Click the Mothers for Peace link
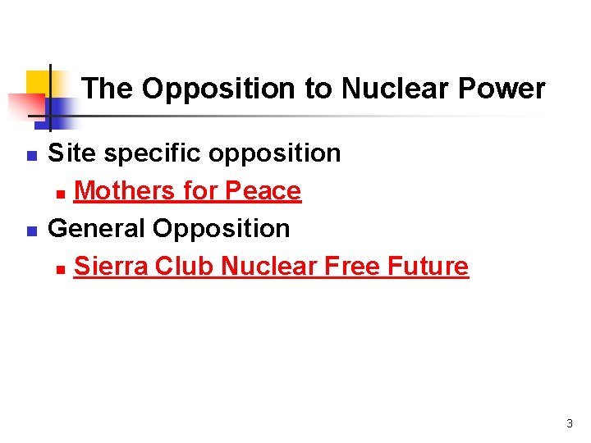pos(187,191)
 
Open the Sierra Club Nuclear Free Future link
pos(271,267)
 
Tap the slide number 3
pos(569,424)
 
